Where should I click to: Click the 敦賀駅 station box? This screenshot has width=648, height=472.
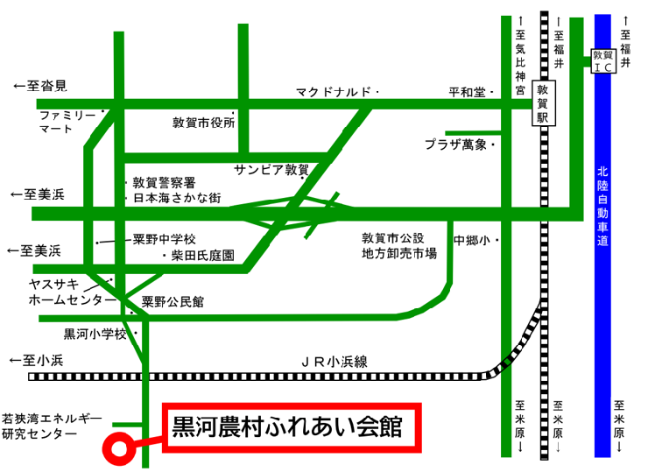(x=543, y=103)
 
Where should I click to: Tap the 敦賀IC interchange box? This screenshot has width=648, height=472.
(x=602, y=60)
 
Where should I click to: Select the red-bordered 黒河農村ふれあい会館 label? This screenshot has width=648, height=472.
(x=290, y=429)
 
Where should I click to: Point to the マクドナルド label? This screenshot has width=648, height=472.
(x=334, y=91)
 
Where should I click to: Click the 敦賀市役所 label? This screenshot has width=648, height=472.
(x=204, y=123)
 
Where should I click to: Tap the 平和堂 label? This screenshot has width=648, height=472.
(x=467, y=91)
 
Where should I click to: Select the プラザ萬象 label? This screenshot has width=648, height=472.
(x=455, y=144)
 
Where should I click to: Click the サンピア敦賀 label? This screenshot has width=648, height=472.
(x=271, y=168)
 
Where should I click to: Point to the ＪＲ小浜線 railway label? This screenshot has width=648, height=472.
(x=334, y=360)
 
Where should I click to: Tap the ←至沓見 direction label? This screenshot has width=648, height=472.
(x=40, y=87)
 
